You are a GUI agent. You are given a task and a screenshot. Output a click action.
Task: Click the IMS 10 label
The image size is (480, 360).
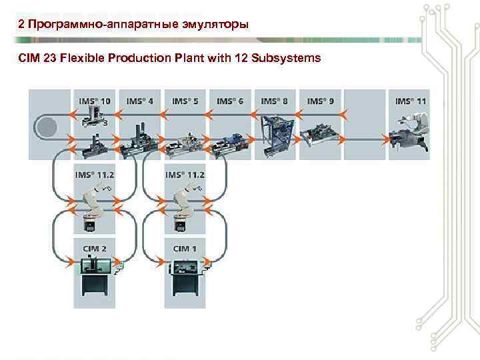click(x=95, y=101)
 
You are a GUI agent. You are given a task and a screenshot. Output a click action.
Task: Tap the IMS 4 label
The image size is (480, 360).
click(x=139, y=101)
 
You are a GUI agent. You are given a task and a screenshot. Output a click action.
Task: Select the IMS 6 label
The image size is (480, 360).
click(x=230, y=101)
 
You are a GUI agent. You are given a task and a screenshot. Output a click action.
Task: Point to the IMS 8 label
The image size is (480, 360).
click(x=274, y=101)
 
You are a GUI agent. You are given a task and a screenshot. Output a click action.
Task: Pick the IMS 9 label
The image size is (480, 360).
click(x=320, y=101)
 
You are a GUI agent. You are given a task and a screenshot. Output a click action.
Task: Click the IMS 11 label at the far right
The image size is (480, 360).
click(x=411, y=101)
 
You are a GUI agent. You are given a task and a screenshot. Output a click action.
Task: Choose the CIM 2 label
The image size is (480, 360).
click(x=94, y=249)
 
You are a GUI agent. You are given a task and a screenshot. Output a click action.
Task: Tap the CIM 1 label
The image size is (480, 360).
click(x=185, y=249)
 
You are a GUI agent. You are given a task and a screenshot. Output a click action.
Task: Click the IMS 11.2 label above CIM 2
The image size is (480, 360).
click(x=94, y=175)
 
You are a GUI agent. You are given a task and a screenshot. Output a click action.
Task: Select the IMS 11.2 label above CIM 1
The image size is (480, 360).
click(x=185, y=175)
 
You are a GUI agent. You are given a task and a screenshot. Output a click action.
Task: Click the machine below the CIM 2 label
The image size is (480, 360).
click(x=97, y=277)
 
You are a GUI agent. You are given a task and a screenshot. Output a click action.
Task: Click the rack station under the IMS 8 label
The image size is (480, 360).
click(x=275, y=133)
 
